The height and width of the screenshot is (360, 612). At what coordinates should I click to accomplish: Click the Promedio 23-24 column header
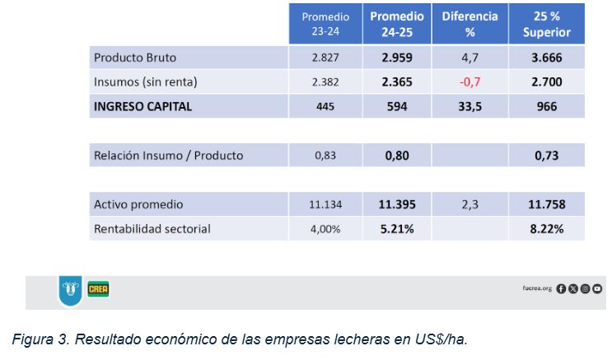[325, 24]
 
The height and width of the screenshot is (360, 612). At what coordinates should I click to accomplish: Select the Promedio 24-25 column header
[396, 24]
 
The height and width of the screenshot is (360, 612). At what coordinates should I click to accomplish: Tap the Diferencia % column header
[470, 24]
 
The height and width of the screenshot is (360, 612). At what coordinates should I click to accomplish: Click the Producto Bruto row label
[135, 58]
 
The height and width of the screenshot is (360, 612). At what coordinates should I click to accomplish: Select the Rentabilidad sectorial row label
[152, 229]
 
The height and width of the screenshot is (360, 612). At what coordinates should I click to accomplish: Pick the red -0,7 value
[470, 82]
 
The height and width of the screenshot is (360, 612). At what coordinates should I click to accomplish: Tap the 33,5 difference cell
[470, 106]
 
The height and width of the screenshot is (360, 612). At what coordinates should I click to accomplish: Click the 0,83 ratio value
[325, 156]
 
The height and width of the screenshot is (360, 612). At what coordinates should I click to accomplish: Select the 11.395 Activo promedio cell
[396, 204]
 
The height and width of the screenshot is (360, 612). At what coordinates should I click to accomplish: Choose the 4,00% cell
[325, 229]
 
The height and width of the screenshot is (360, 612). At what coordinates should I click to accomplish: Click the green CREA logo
[99, 289]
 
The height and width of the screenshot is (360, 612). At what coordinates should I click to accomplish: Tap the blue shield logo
[69, 291]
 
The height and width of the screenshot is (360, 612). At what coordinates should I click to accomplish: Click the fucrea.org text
[538, 288]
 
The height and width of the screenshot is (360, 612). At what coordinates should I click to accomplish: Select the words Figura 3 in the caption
[40, 339]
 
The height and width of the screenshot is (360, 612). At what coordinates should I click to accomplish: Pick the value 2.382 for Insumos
[325, 82]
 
